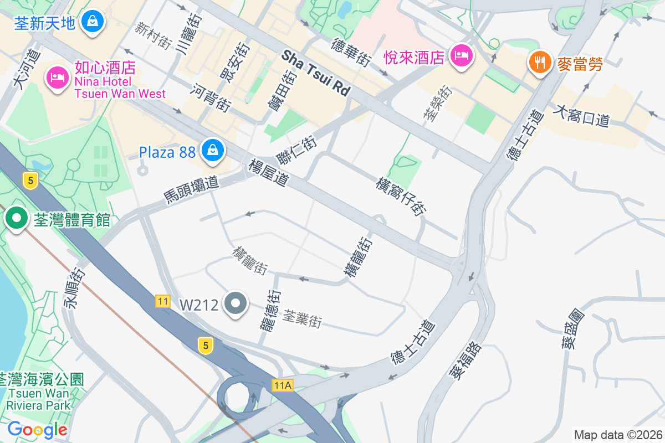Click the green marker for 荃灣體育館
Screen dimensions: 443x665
pos(17,218)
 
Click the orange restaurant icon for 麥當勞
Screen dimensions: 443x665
pos(539,60)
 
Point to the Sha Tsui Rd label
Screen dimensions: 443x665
pos(316,73)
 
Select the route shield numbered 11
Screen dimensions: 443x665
pos(162,301)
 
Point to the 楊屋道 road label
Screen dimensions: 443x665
pos(269,172)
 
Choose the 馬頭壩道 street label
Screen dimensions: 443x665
pos(192,189)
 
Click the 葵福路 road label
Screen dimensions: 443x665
pos(465,360)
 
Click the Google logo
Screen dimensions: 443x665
pos(37,430)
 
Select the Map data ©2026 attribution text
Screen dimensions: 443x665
pos(617,435)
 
